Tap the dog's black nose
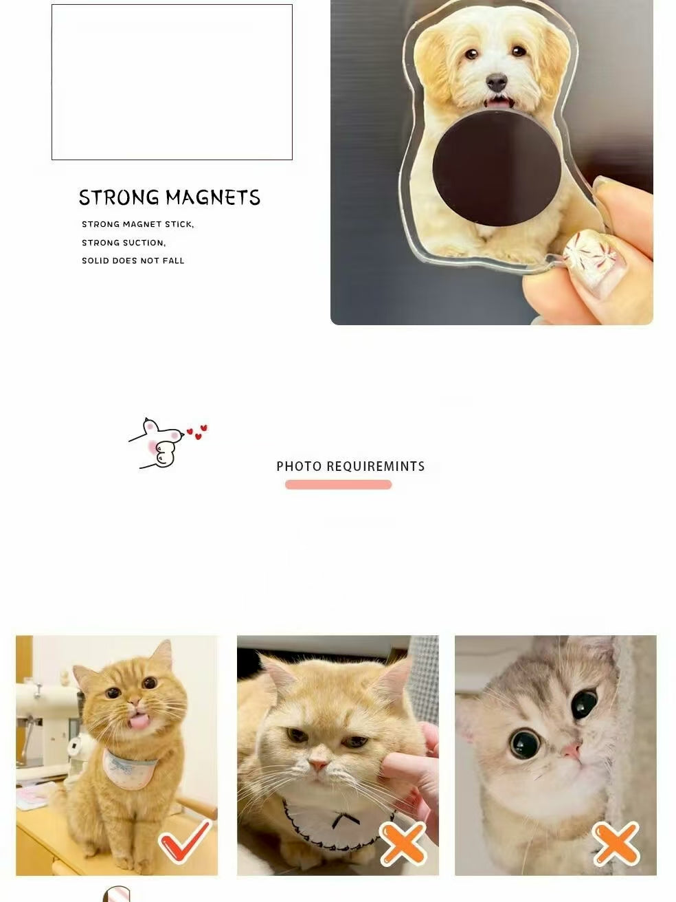(496, 83)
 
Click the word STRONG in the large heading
(119, 198)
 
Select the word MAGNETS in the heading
(213, 198)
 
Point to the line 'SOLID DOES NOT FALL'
(133, 261)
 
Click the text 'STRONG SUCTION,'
(124, 243)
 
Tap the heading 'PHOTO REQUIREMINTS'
(350, 466)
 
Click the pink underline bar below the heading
(338, 485)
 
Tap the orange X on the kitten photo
(616, 843)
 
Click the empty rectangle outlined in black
(172, 82)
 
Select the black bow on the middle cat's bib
(341, 819)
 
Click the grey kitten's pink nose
(572, 749)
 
